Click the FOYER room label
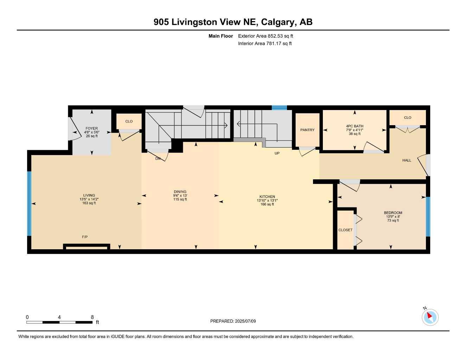click(x=92, y=129)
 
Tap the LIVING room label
click(x=89, y=195)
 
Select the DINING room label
click(x=180, y=192)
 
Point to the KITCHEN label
click(x=267, y=197)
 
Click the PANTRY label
click(x=307, y=130)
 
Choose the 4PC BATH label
click(x=355, y=126)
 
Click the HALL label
click(x=407, y=160)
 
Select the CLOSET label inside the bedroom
click(x=345, y=230)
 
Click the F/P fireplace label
click(x=85, y=237)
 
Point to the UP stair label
click(x=277, y=153)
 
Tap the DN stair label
click(x=158, y=159)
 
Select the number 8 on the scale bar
click(x=92, y=317)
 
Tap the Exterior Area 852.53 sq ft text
click(x=266, y=36)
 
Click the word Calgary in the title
click(x=278, y=22)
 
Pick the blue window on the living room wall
click(x=30, y=203)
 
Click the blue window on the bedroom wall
click(x=428, y=216)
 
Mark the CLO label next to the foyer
click(x=129, y=121)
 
